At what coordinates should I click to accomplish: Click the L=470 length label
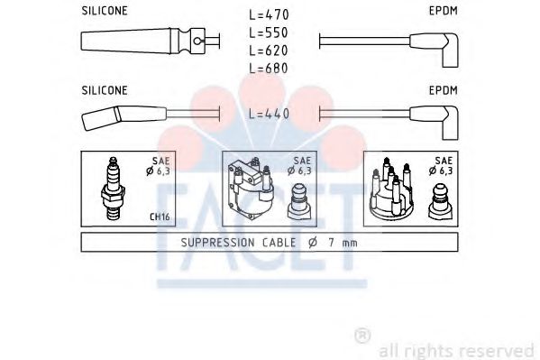pos(269,14)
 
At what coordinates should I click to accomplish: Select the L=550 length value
pos(269,32)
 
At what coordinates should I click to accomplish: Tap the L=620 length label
pos(269,51)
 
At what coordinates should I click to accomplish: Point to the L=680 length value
pos(269,69)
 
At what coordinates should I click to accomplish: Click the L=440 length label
pos(270,114)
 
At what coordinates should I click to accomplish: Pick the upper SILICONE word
pos(105,11)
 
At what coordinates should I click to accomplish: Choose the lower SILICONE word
pos(105,90)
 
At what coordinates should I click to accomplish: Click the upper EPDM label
pos(444,11)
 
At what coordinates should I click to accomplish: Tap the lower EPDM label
pos(444,90)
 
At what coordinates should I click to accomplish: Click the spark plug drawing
pos(114,189)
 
